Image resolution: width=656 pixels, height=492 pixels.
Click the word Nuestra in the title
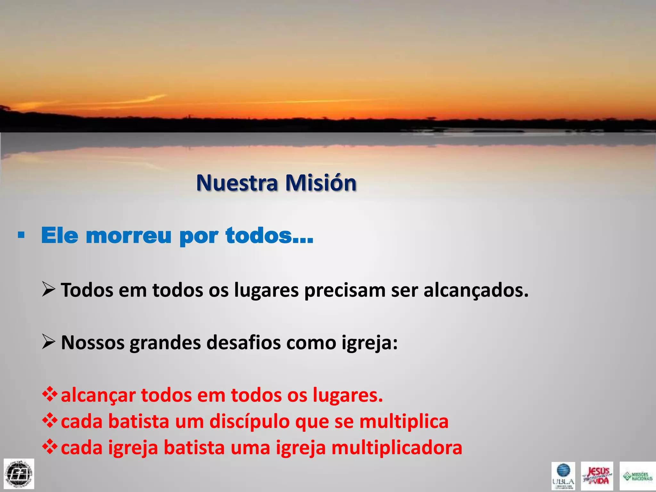click(x=237, y=183)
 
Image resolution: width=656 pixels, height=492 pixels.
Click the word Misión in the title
click(x=321, y=183)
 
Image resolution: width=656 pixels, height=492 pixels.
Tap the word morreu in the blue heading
click(x=128, y=236)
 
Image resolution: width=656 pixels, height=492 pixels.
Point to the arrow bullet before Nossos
click(x=48, y=342)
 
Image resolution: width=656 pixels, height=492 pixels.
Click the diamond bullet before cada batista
click(x=50, y=421)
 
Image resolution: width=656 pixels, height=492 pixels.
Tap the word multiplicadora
click(x=397, y=448)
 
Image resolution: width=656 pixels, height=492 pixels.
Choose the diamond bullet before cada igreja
click(x=50, y=447)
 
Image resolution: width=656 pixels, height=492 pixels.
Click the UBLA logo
click(x=563, y=476)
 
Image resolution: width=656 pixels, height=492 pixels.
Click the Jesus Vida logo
click(x=597, y=476)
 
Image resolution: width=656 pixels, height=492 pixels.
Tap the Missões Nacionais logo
click(x=637, y=476)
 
